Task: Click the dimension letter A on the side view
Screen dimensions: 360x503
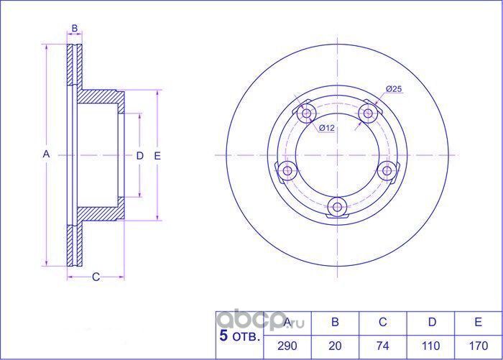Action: (x=45, y=155)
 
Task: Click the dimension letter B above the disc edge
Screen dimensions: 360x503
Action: (x=74, y=29)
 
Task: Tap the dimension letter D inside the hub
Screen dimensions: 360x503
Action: (x=140, y=155)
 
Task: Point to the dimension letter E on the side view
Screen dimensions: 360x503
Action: (x=157, y=155)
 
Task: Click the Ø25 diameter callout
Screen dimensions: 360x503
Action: (x=393, y=88)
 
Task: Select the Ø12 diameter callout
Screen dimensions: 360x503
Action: (x=327, y=128)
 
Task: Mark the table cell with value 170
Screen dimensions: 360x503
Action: (x=476, y=345)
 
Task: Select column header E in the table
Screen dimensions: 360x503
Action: (x=476, y=323)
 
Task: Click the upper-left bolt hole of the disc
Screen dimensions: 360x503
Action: (x=307, y=114)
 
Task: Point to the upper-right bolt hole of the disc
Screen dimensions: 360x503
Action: (x=369, y=113)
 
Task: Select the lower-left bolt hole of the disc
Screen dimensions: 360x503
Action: (x=288, y=171)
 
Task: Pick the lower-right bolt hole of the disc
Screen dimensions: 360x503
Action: (x=388, y=170)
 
